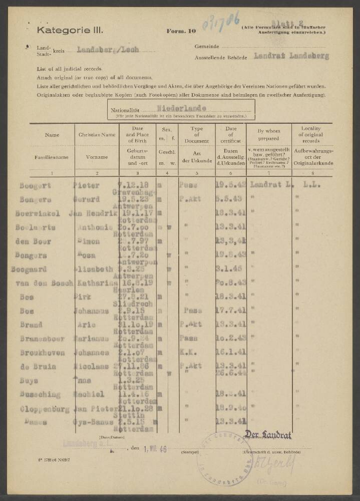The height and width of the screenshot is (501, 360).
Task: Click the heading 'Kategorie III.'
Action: [x=70, y=31]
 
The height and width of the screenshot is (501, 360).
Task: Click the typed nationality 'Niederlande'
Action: [x=181, y=107]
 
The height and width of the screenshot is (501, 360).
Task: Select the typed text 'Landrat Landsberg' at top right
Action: [x=291, y=56]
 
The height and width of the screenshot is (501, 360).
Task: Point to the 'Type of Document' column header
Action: [x=197, y=135]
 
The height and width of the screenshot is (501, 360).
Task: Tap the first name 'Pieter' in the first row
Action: [x=88, y=185]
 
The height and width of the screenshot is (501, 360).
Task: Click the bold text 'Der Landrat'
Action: [x=267, y=435]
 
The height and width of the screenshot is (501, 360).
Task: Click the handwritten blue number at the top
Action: [x=220, y=22]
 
